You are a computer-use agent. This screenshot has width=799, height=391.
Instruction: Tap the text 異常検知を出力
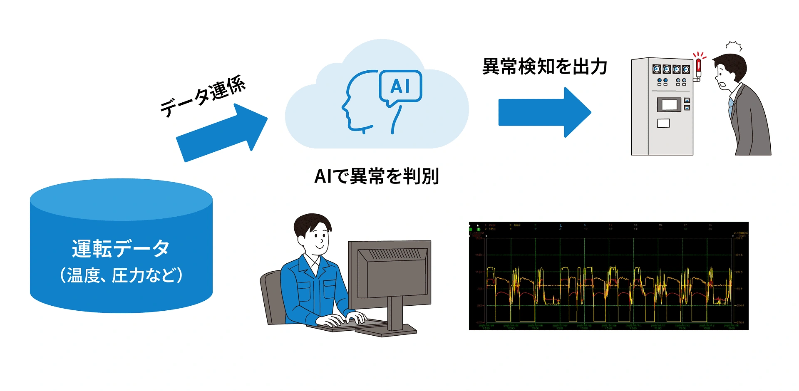pos(544,67)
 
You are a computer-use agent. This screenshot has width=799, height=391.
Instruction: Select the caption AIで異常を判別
pos(377,176)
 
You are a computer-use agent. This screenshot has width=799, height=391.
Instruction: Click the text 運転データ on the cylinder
pos(121,248)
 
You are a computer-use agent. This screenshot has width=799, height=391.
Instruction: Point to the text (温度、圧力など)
pos(121,275)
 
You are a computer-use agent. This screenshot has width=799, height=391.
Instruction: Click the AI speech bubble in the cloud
pos(400,87)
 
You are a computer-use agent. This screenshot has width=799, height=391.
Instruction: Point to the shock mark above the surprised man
pos(734,46)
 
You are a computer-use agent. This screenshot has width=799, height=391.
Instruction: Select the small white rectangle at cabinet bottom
pos(663,123)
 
